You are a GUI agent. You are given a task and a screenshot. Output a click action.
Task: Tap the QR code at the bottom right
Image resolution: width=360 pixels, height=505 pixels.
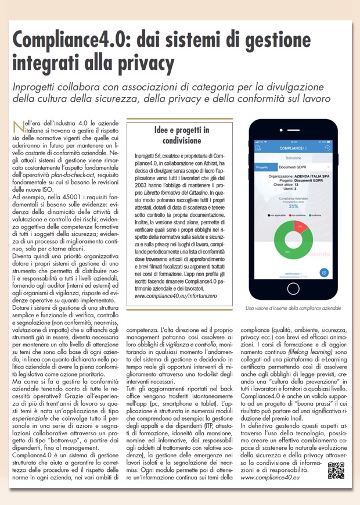pos(336,470)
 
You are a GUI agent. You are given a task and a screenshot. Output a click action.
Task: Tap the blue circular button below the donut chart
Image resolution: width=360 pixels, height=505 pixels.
pos(325,273)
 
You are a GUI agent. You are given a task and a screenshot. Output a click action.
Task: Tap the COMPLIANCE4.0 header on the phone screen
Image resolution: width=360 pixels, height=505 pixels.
pos(293,148)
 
